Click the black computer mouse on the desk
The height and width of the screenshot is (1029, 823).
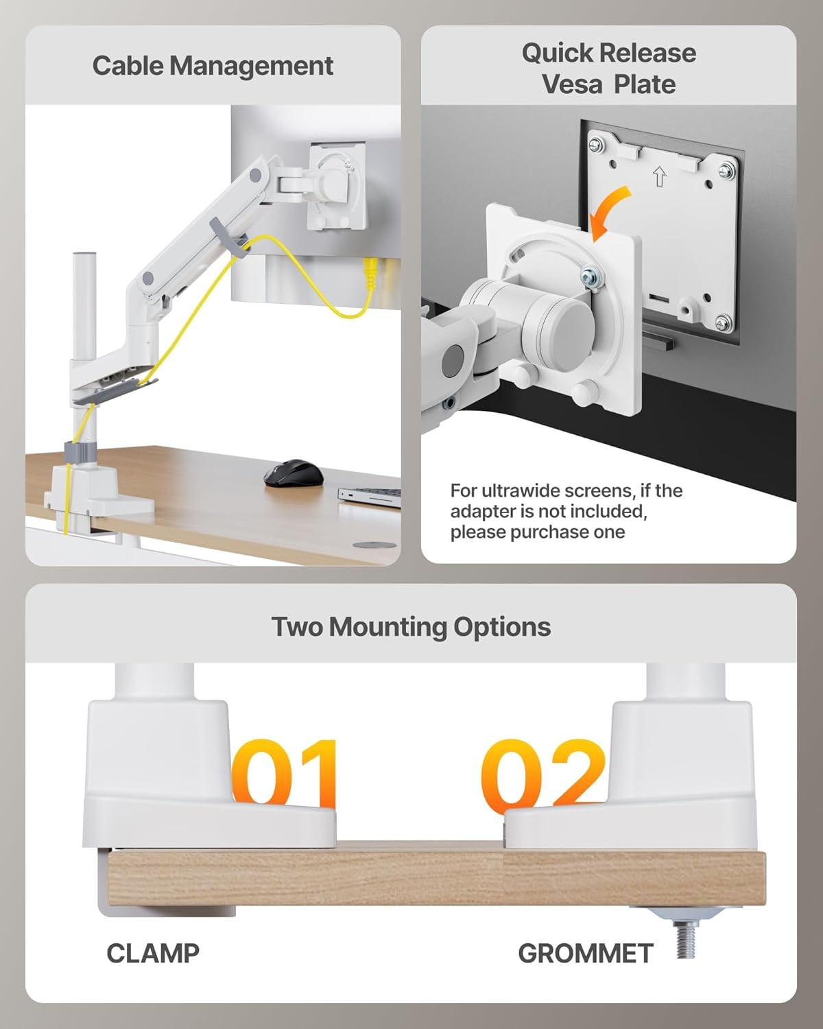293,473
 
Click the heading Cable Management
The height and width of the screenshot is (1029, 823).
213,66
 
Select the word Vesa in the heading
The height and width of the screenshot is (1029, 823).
572,84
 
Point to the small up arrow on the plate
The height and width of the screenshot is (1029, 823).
659,178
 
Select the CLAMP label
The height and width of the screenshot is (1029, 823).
152,953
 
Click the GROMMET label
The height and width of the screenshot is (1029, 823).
585,953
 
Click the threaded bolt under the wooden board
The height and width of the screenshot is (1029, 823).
686,938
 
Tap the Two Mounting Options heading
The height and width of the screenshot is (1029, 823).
411,626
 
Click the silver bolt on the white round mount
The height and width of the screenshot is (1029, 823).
589,277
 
